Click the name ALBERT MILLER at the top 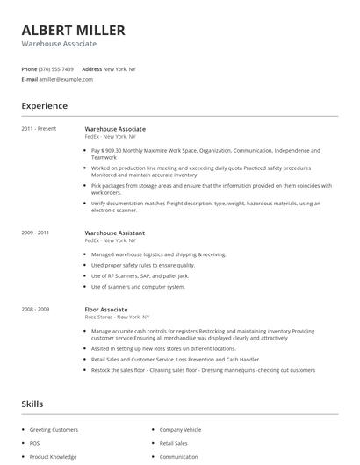click(x=73, y=30)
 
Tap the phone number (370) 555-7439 click(x=57, y=68)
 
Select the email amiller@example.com click(x=66, y=79)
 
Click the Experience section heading click(x=44, y=106)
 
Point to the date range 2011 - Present click(x=39, y=129)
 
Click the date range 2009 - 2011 click(x=35, y=232)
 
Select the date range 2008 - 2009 click(x=35, y=310)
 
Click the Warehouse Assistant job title click(x=115, y=232)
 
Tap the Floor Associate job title click(x=106, y=310)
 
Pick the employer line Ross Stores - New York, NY click(x=118, y=317)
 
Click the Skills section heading click(x=32, y=404)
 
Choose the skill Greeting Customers click(x=54, y=430)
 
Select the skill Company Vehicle click(x=180, y=430)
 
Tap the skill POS click(x=34, y=443)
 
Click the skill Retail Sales click(x=174, y=443)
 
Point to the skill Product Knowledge click(x=53, y=456)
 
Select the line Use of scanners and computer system click(x=138, y=286)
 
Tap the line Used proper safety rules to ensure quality click(x=143, y=265)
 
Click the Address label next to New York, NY click(x=91, y=68)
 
